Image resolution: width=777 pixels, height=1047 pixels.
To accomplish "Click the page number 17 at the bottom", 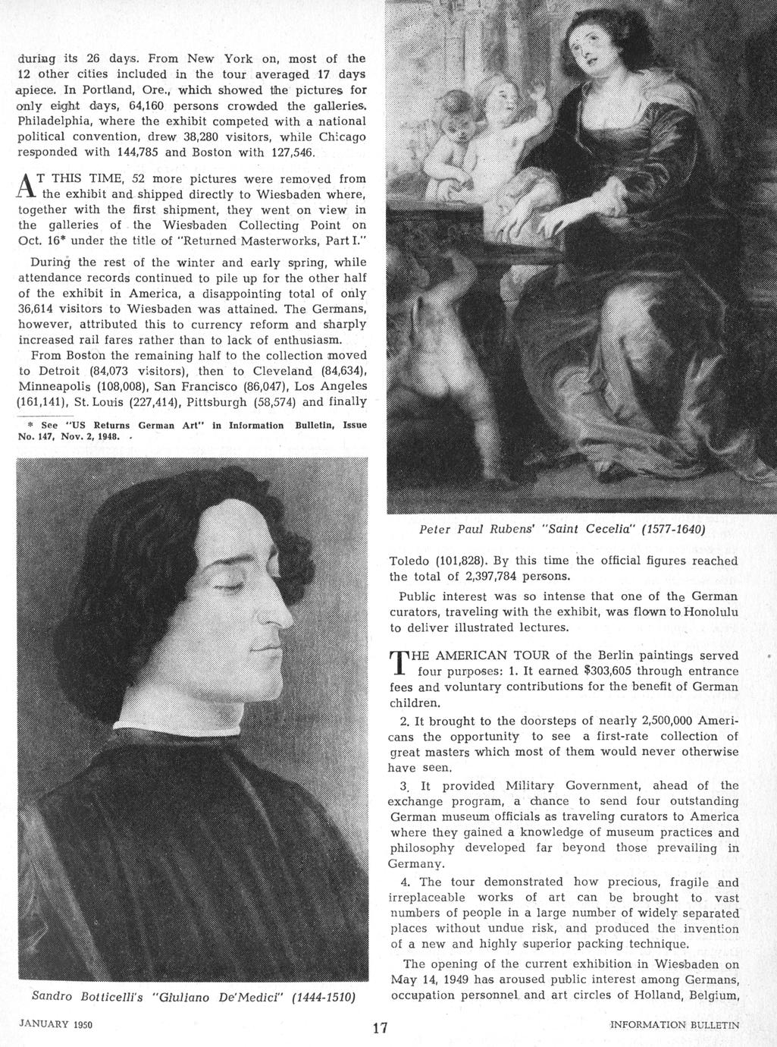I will pos(381,1028).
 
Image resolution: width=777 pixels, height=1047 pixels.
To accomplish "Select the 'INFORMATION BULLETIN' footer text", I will pos(675,1024).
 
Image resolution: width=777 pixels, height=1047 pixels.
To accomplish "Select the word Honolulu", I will pos(705,612).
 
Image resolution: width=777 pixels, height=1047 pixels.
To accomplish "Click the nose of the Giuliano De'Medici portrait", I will pos(281,599).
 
